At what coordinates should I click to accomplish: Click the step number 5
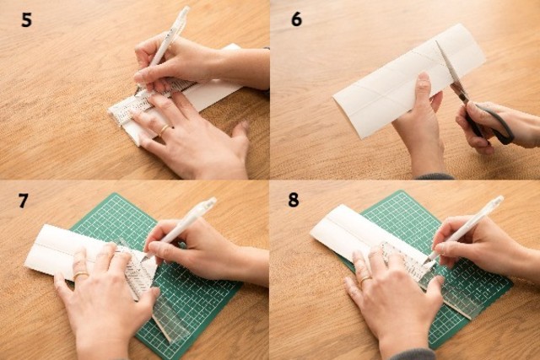click(x=26, y=19)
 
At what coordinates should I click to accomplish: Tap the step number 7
click(x=23, y=201)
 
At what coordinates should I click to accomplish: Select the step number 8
click(x=294, y=200)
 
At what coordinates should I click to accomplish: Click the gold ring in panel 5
click(x=164, y=129)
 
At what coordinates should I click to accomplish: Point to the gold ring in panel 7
click(x=81, y=275)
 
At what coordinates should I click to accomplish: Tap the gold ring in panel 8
click(x=365, y=279)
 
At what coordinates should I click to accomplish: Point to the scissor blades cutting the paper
click(x=450, y=69)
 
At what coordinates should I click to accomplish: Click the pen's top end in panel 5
click(x=185, y=10)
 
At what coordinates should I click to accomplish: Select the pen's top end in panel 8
click(x=499, y=200)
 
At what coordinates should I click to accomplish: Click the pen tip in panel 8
click(x=426, y=263)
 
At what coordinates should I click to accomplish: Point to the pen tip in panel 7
click(x=143, y=261)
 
